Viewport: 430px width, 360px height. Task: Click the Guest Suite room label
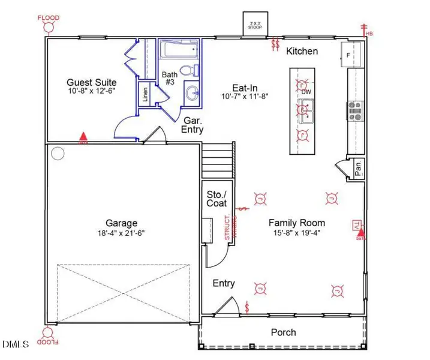(91, 82)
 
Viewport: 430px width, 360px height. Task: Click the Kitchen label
(302, 51)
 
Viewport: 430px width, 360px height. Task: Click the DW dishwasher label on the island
(306, 92)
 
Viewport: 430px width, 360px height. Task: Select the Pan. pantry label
(357, 167)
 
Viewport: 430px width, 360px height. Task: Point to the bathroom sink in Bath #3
(192, 93)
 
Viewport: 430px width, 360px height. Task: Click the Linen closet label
(145, 95)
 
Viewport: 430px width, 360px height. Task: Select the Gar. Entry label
(193, 124)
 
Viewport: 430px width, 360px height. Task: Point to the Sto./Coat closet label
(216, 199)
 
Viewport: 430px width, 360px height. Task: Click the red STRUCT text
(227, 227)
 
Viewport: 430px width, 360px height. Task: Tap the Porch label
(283, 332)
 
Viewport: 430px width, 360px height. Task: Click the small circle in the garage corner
(58, 153)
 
